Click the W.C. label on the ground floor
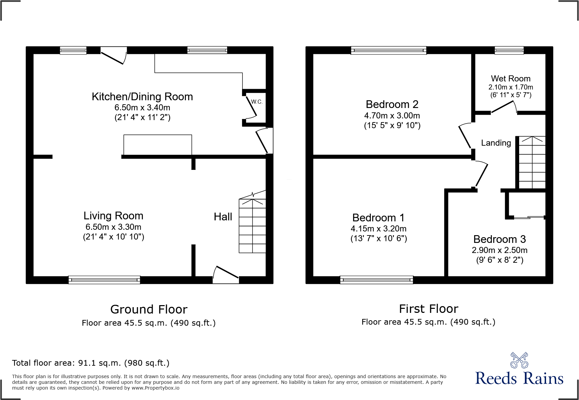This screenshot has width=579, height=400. coord(257,102)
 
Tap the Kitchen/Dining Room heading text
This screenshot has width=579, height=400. coord(142,97)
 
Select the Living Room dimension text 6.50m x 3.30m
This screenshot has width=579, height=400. coord(113,227)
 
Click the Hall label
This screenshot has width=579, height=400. coord(223,217)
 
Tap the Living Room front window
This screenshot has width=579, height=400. coord(104,280)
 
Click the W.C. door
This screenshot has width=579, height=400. coord(251,107)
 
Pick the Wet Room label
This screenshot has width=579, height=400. coord(510,78)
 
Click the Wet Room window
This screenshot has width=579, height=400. coord(509,50)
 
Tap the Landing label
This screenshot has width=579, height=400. coord(496,143)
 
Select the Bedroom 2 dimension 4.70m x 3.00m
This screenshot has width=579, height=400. coord(392,115)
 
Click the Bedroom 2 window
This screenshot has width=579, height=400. coord(389,50)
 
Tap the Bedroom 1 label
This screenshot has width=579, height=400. coord(378,218)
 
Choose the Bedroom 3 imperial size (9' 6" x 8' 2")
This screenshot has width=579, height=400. coord(500,260)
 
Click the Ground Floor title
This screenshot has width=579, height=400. coord(149,309)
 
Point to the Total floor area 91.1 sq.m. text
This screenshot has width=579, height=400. coord(91,363)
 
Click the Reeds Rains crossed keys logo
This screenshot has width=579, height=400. coord(519,360)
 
